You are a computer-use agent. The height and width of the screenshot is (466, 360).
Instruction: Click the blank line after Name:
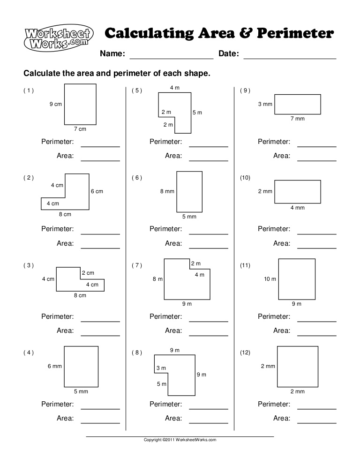[x=171, y=58]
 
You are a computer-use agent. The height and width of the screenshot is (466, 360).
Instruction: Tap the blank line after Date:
[x=290, y=58]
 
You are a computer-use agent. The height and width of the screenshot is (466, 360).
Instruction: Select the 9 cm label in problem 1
[x=55, y=104]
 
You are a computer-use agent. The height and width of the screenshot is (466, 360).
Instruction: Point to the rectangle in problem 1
[x=80, y=104]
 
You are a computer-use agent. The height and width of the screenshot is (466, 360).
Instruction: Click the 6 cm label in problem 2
[x=97, y=191]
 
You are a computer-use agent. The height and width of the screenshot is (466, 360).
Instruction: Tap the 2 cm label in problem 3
[x=88, y=273]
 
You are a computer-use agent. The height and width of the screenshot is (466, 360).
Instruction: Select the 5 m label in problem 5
[x=197, y=113]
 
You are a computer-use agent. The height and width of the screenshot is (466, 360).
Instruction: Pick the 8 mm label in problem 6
[x=167, y=191]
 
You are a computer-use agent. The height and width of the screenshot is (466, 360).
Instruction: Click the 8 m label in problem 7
[x=157, y=279]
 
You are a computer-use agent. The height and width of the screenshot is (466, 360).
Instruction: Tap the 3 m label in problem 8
[x=161, y=368]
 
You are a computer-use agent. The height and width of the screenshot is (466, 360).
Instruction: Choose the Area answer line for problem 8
[x=209, y=422]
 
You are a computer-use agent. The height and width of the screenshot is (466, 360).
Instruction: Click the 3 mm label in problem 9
[x=265, y=104]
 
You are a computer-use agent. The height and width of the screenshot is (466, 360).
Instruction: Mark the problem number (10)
[x=245, y=178]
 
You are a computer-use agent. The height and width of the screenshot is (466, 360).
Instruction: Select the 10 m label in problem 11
[x=270, y=279]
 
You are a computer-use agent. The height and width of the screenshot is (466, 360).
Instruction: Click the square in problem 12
[x=297, y=366]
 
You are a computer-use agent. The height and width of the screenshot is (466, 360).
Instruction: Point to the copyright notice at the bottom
[x=180, y=440]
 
